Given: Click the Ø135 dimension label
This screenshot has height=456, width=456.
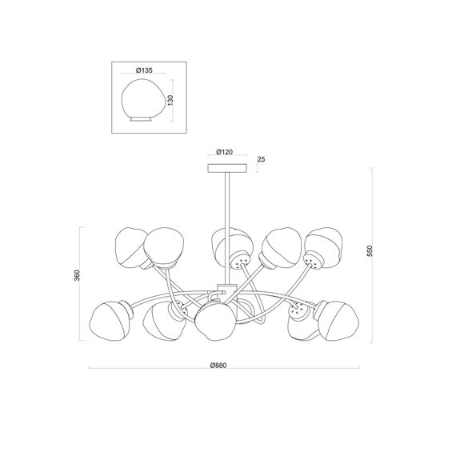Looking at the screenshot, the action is point(144,70).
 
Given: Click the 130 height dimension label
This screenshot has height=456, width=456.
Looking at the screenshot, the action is point(170,100).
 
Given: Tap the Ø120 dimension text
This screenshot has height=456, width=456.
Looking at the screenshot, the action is point(225,152).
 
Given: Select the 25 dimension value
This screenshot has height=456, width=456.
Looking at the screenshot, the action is point(261,159).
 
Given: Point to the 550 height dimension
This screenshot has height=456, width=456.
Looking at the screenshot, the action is point(370,250).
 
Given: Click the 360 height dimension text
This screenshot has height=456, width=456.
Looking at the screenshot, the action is point(77,275).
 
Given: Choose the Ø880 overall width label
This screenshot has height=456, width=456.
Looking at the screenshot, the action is point(218,366).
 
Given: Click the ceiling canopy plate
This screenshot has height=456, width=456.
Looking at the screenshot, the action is point(227,168).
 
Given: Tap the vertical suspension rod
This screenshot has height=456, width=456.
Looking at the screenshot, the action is point(227,228).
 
